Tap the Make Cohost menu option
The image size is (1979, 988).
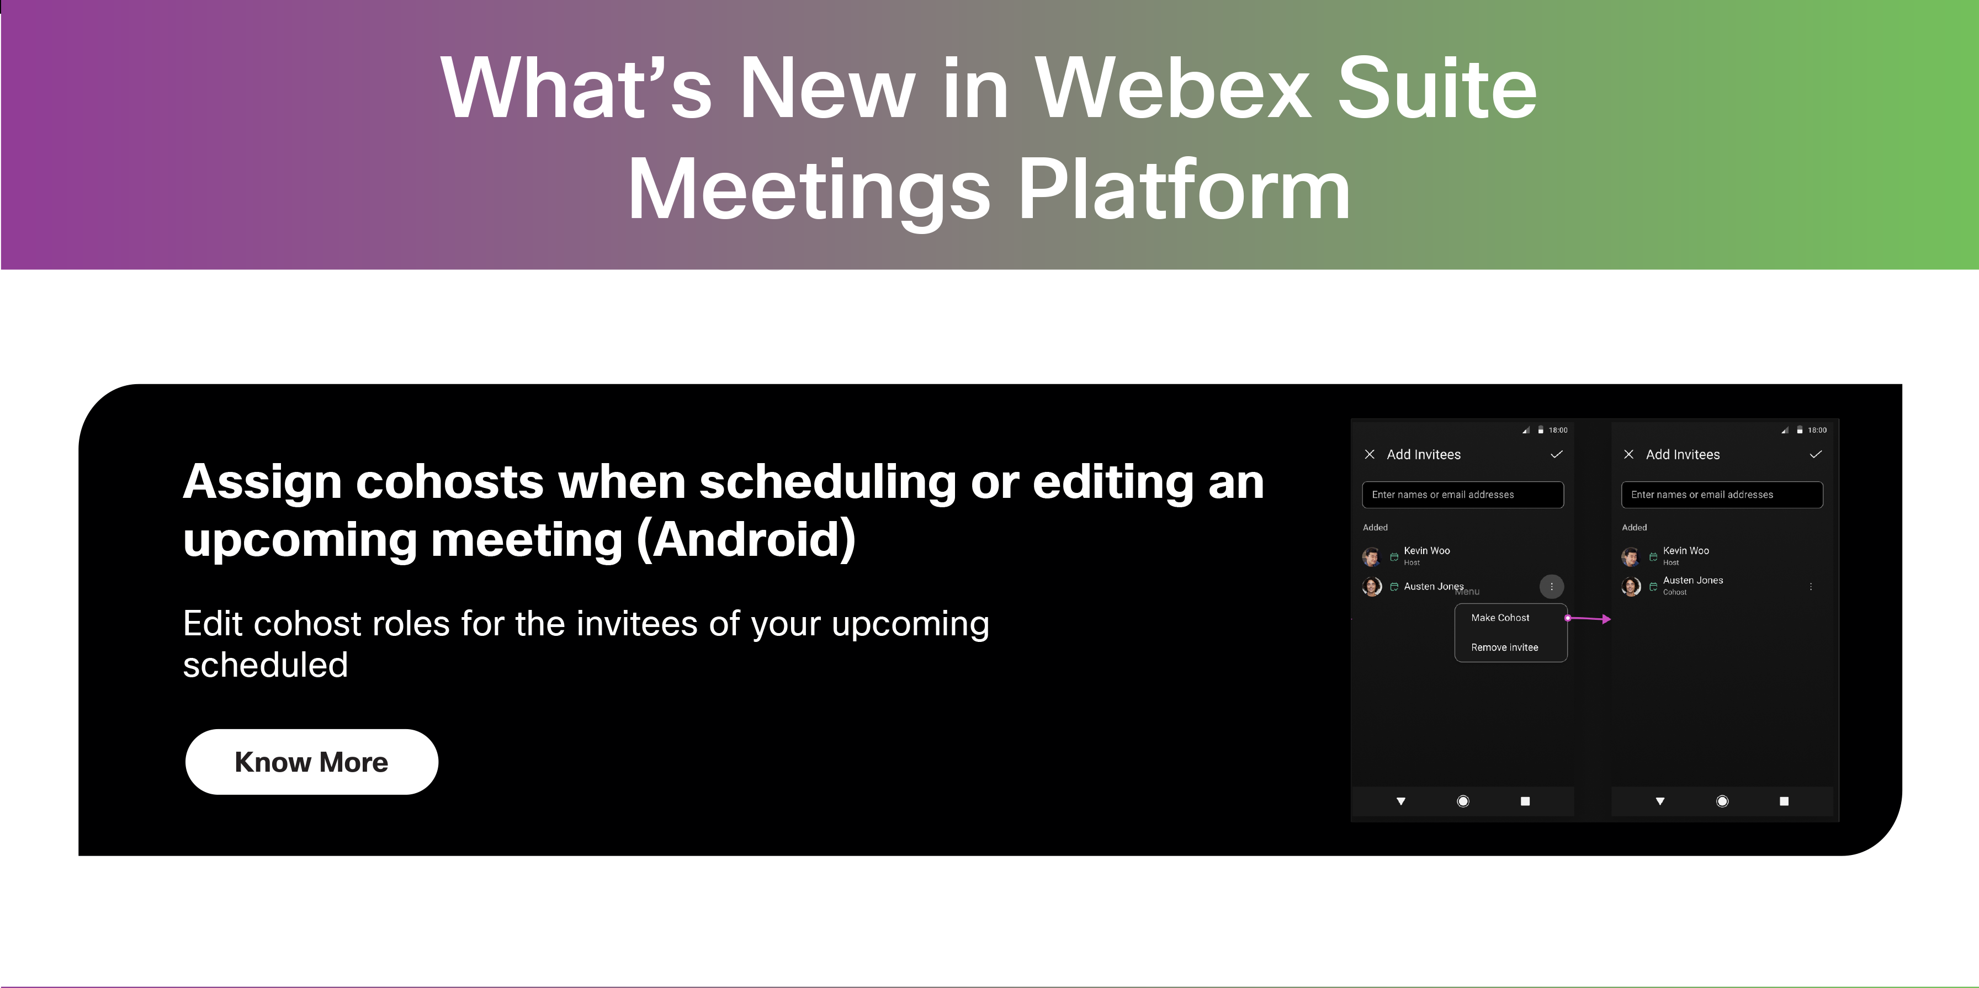pyautogui.click(x=1500, y=618)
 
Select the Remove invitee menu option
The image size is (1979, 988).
pyautogui.click(x=1504, y=647)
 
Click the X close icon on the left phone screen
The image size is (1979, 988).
pyautogui.click(x=1369, y=454)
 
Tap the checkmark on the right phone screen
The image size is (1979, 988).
pyautogui.click(x=1816, y=454)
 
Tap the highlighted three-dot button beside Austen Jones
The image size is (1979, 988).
pyautogui.click(x=1551, y=586)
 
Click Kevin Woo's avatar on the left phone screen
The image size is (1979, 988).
pyautogui.click(x=1371, y=556)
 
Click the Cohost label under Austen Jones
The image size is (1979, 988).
pyautogui.click(x=1675, y=592)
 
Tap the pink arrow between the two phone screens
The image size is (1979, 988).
pyautogui.click(x=1588, y=618)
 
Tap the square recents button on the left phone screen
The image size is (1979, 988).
pyautogui.click(x=1525, y=801)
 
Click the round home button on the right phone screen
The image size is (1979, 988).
pyautogui.click(x=1722, y=801)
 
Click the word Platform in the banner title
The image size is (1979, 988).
pyautogui.click(x=1184, y=190)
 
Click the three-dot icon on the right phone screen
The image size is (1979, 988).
pyautogui.click(x=1811, y=586)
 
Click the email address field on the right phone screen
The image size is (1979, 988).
pyautogui.click(x=1722, y=495)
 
